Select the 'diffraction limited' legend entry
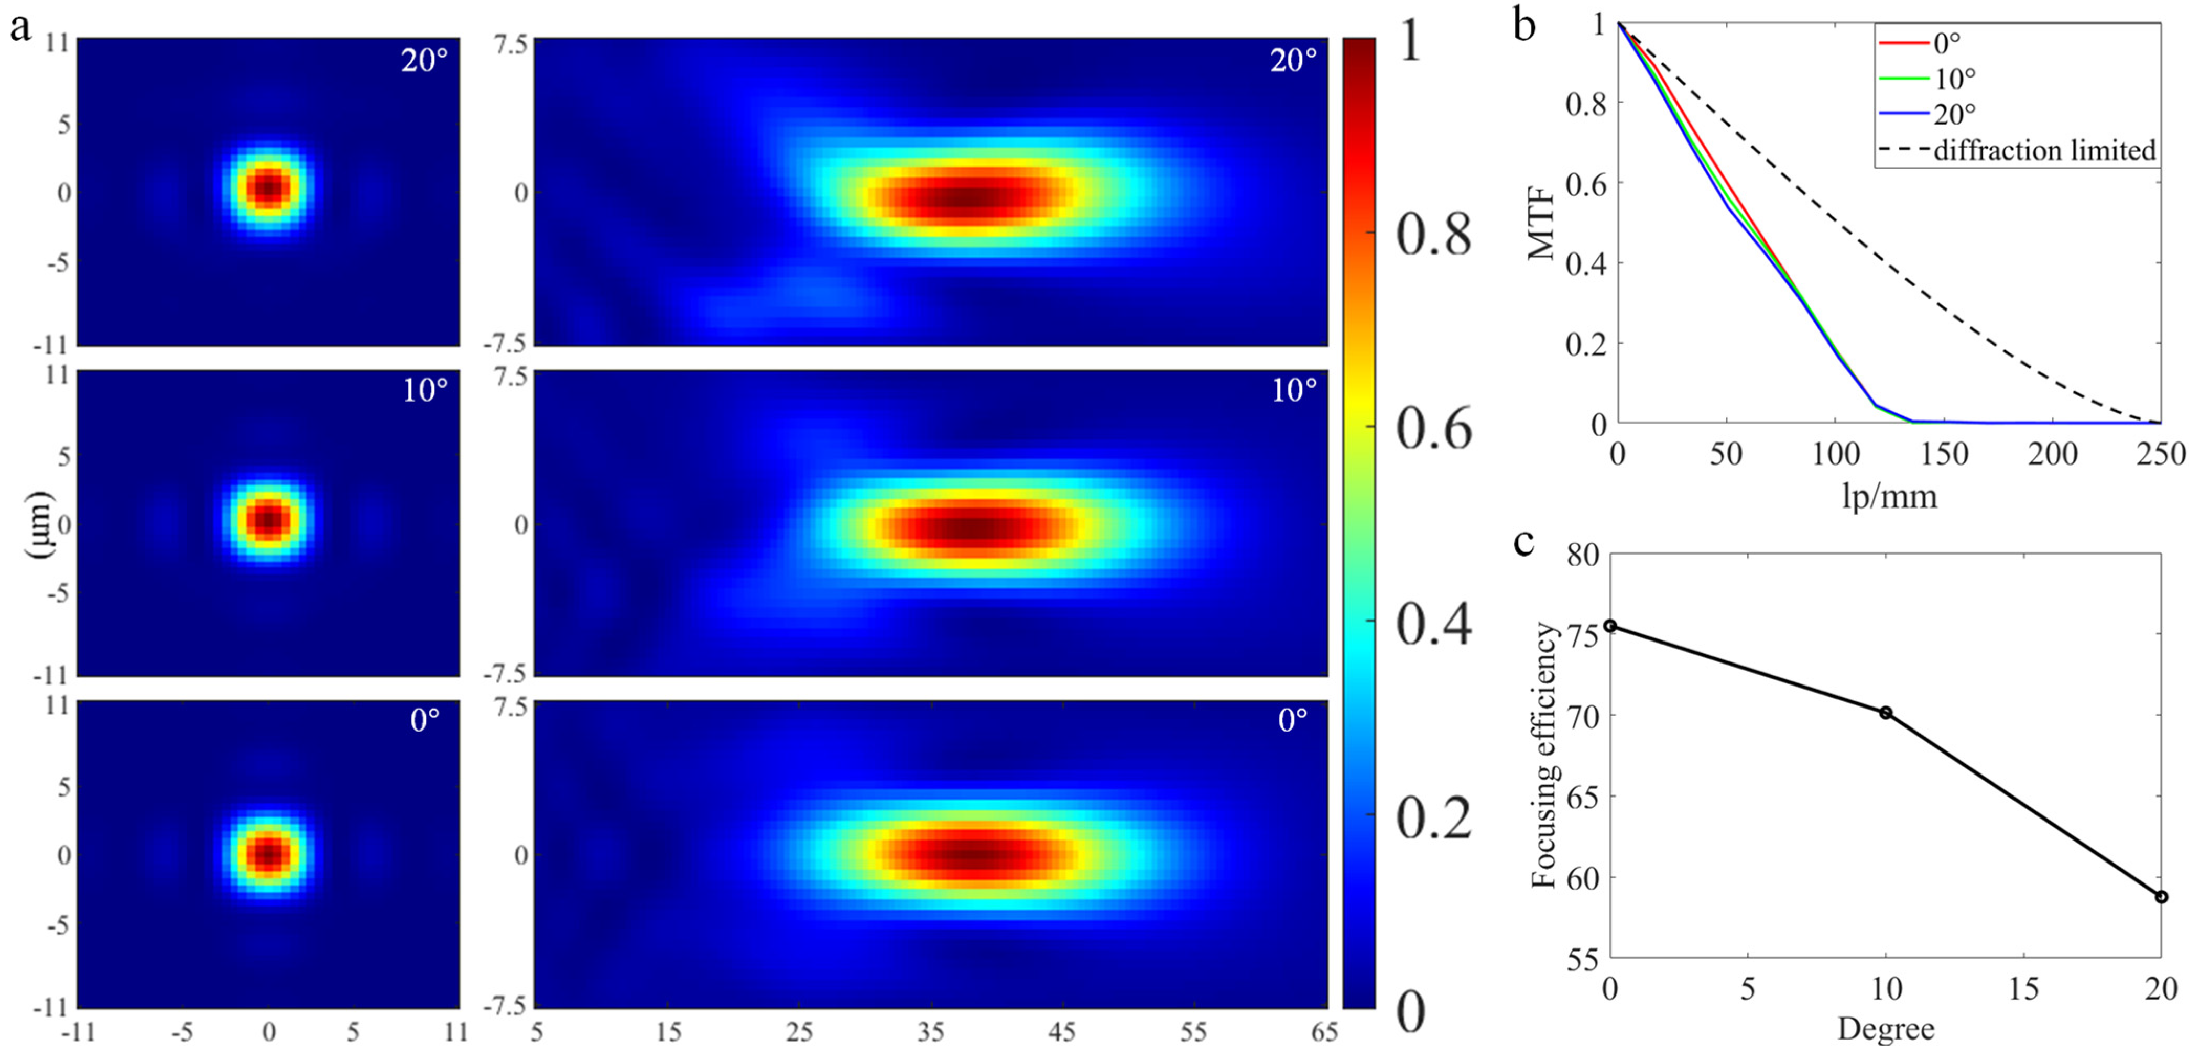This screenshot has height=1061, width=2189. (x=2044, y=150)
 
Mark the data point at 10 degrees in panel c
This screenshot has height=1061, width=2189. (x=1886, y=713)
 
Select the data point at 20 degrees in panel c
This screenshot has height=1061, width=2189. (x=2161, y=897)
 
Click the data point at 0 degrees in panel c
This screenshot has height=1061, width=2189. (x=1609, y=626)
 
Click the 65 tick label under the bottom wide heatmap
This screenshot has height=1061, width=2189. (x=1324, y=1032)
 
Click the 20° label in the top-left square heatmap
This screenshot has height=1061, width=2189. (x=424, y=60)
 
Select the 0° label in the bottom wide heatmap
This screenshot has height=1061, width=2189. (x=1292, y=721)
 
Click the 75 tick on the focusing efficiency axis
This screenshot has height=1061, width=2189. (x=1582, y=635)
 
